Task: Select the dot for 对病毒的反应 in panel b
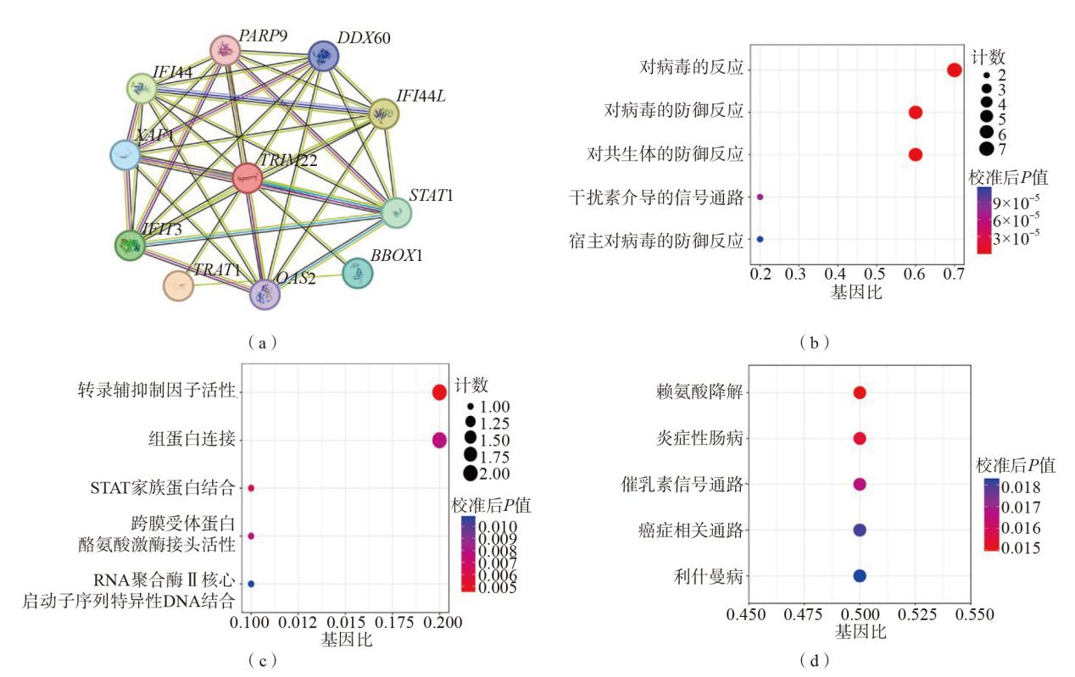tap(954, 69)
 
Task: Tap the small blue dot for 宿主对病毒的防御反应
tap(760, 240)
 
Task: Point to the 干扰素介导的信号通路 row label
tap(656, 197)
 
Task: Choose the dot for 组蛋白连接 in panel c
tap(439, 440)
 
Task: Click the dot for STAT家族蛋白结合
tap(251, 488)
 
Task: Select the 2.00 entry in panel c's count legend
tap(489, 473)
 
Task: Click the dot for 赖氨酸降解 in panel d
tap(860, 393)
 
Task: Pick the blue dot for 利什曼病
tap(860, 576)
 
